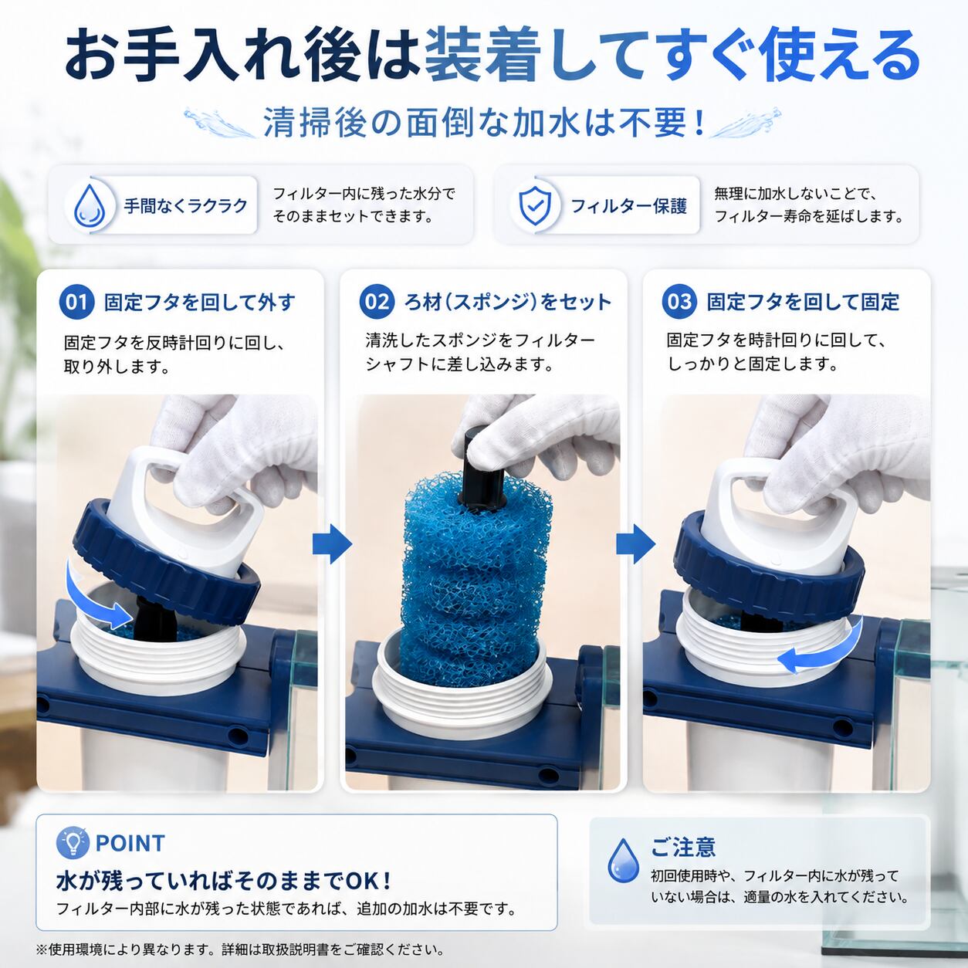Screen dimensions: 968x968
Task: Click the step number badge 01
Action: [76, 303]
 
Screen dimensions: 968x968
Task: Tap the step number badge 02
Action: [377, 302]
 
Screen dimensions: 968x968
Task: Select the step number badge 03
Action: [679, 302]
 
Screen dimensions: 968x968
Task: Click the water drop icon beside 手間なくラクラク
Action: [90, 205]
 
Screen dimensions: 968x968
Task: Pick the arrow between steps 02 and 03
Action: [635, 544]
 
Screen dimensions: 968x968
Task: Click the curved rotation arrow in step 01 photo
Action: [88, 603]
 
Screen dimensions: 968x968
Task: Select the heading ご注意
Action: [682, 847]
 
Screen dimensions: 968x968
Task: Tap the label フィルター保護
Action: [628, 205]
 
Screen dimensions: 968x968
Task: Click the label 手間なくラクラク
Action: [186, 205]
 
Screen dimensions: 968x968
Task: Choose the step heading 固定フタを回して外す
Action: [200, 303]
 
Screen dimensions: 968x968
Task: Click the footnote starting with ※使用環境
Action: [240, 950]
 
